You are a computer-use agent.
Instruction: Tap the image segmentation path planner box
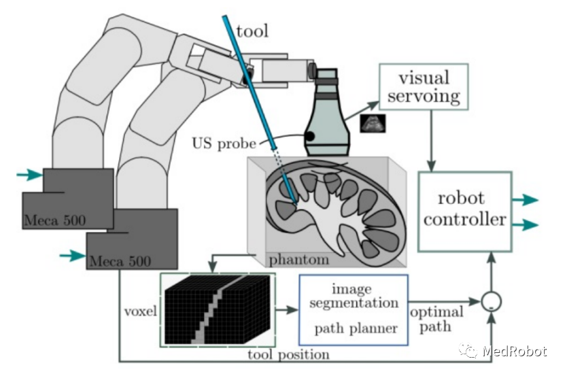click(x=353, y=309)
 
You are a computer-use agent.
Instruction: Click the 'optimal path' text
click(x=436, y=318)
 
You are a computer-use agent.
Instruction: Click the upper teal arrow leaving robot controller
click(x=525, y=200)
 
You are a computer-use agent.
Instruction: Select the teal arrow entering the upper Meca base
click(x=29, y=175)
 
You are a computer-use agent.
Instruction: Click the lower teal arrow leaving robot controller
click(x=525, y=224)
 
